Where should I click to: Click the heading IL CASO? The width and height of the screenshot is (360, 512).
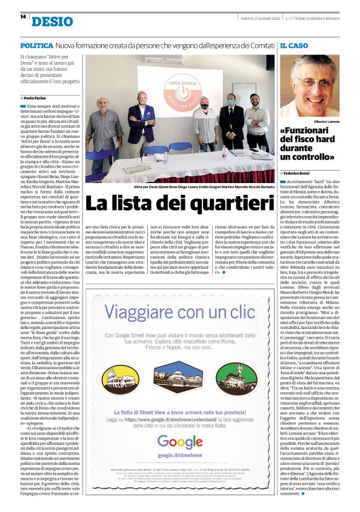click(294, 46)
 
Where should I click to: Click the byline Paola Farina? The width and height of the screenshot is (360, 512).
click(39, 98)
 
